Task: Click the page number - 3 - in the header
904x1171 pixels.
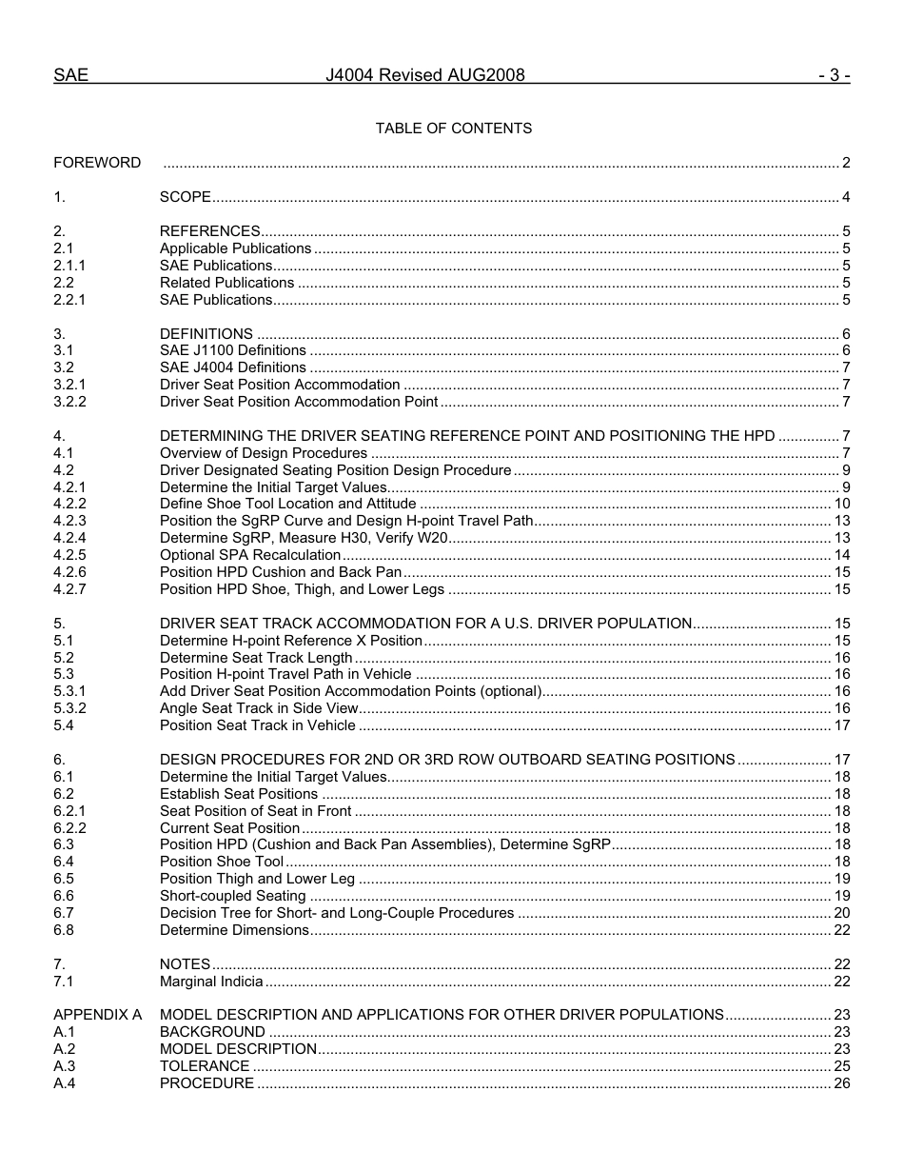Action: pyautogui.click(x=834, y=75)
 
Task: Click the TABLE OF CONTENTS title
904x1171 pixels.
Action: pyautogui.click(x=454, y=129)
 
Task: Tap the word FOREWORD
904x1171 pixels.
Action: pyautogui.click(x=97, y=163)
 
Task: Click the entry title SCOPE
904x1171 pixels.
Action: pyautogui.click(x=185, y=197)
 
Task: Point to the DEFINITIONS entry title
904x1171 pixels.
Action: pyautogui.click(x=206, y=334)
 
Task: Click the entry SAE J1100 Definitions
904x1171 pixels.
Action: pyautogui.click(x=233, y=351)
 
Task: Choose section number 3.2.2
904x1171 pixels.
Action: pyautogui.click(x=69, y=402)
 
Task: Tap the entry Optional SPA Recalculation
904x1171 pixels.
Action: pyautogui.click(x=250, y=555)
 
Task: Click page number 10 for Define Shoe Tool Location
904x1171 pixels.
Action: pyautogui.click(x=842, y=504)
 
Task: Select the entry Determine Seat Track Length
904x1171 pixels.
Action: pyautogui.click(x=256, y=658)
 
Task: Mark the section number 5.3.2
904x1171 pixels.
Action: pyautogui.click(x=69, y=708)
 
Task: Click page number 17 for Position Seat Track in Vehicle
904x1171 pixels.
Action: pyautogui.click(x=842, y=725)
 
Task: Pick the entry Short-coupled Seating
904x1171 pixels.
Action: pyautogui.click(x=233, y=896)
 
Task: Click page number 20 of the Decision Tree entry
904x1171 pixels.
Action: pyautogui.click(x=842, y=913)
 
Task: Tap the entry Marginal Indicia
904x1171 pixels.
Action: pyautogui.click(x=211, y=982)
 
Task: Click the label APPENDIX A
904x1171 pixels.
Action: pyautogui.click(x=97, y=1015)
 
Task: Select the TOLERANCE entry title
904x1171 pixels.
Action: pyautogui.click(x=205, y=1066)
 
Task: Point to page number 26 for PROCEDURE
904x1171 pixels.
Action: pyautogui.click(x=842, y=1083)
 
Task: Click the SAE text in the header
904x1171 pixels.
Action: pyautogui.click(x=70, y=75)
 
